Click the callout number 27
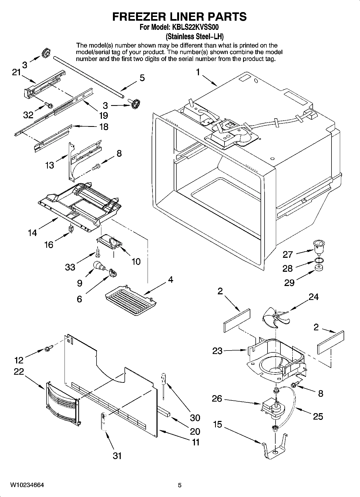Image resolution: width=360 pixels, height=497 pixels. coord(287,254)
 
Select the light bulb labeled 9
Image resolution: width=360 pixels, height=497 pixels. coord(99,266)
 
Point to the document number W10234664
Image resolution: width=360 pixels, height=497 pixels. coord(27,485)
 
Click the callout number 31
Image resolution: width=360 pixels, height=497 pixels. coord(117,456)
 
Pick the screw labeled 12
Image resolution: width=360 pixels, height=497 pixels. coord(49,349)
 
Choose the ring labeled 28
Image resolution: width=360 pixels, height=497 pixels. coord(319,260)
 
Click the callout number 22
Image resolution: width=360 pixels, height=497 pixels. coord(19,372)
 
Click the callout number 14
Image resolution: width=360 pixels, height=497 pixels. coord(32,232)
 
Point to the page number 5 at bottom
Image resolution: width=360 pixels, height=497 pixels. coord(180,485)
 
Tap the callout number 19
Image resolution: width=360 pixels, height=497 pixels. coord(103,116)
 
